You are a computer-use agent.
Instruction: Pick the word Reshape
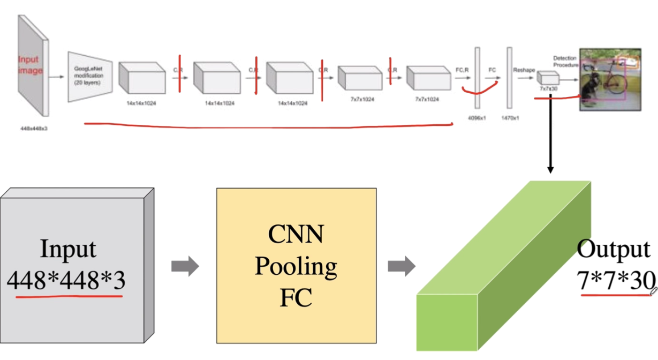(x=524, y=70)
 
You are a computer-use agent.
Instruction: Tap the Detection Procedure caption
(x=565, y=61)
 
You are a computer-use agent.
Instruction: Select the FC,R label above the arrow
(x=462, y=70)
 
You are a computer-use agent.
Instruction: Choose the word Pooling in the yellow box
(x=296, y=266)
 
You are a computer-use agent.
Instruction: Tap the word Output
(x=613, y=250)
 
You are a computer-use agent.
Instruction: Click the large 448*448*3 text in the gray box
(x=68, y=280)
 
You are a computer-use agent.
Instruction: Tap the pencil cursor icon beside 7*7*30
(x=653, y=291)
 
